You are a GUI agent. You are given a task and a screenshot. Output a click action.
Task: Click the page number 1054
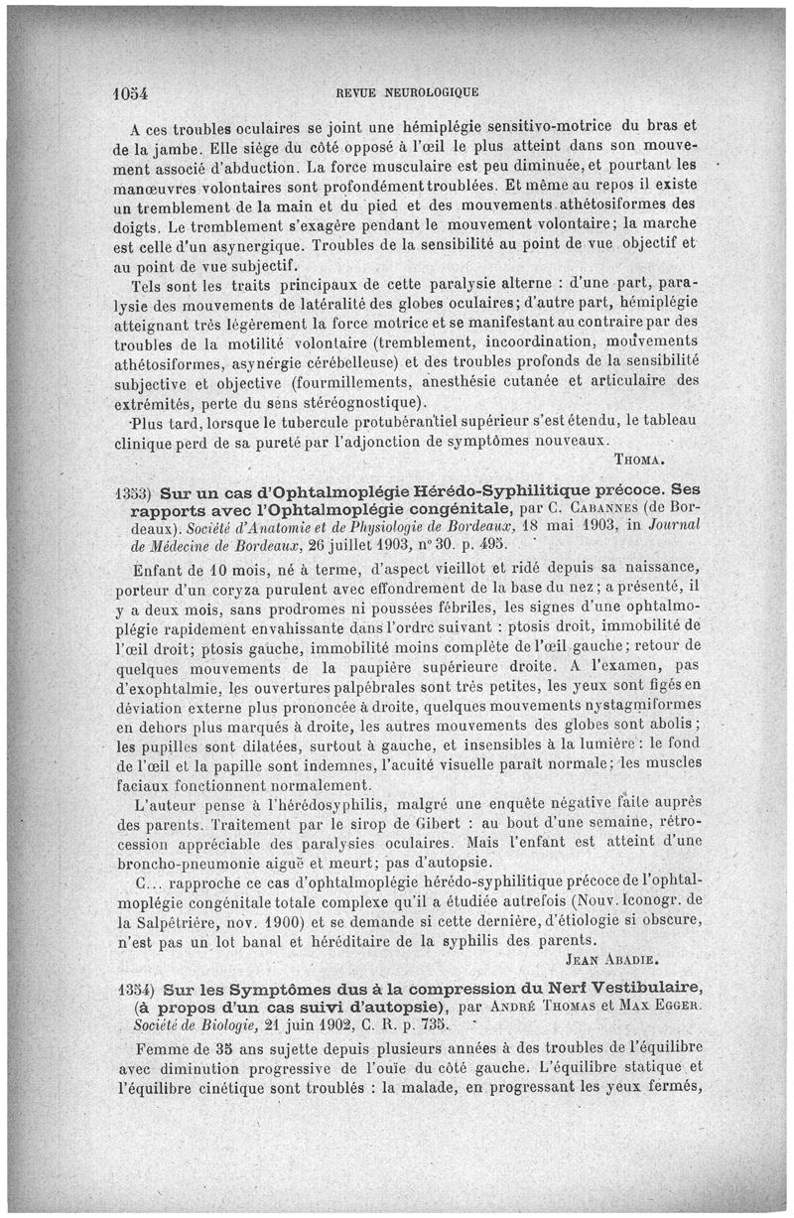128,93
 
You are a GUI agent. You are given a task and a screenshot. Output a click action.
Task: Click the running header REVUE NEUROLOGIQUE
408,93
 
